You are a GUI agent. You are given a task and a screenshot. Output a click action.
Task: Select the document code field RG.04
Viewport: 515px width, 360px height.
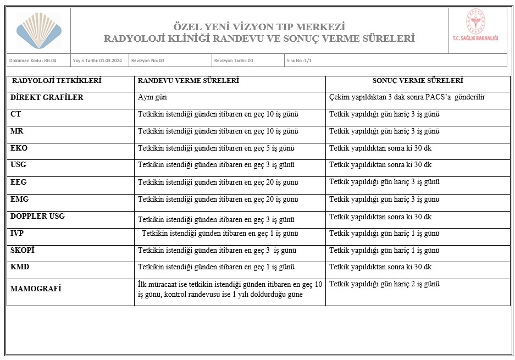point(32,60)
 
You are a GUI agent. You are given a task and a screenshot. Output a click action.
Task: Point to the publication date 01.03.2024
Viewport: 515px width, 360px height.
point(97,60)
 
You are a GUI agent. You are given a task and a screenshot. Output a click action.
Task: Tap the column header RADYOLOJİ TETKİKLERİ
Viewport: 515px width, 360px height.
point(57,81)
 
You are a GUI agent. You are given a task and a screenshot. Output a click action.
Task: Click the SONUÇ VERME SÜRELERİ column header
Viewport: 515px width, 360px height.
point(418,81)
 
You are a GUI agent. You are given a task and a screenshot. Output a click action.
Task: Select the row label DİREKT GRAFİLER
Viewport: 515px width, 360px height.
point(47,98)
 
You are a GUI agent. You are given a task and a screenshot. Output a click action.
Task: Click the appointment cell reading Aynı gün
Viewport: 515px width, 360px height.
point(152,98)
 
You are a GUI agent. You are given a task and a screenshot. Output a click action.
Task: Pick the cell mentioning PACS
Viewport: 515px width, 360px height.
point(407,98)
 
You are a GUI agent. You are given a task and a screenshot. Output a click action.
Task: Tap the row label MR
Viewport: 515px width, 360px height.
point(17,132)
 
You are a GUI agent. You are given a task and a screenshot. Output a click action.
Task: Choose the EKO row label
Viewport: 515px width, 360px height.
point(19,148)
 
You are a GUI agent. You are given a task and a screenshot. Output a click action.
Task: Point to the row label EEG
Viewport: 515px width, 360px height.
point(19,182)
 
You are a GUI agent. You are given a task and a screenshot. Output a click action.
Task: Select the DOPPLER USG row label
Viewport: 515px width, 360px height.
point(37,216)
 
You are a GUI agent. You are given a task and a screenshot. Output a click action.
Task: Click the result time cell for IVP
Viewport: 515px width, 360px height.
point(384,234)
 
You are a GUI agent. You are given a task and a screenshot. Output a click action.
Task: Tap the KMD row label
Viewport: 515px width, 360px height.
point(20,267)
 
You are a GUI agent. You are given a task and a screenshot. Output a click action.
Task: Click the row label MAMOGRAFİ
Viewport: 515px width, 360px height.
point(36,289)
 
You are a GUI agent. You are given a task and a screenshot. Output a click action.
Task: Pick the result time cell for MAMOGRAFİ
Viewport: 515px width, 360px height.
point(384,285)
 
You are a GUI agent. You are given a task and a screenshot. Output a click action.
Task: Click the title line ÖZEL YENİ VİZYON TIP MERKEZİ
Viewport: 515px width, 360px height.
point(259,27)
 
